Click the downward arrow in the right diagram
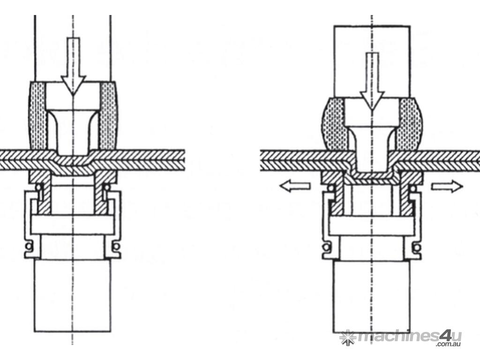(x=372, y=81)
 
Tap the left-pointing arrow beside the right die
(x=295, y=186)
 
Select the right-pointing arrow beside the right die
(x=447, y=186)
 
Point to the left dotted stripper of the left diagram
(x=37, y=116)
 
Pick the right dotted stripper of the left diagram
(x=109, y=116)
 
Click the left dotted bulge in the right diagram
(x=334, y=124)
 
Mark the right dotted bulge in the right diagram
(x=411, y=124)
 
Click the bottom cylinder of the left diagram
(x=72, y=296)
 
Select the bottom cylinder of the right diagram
(x=371, y=297)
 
